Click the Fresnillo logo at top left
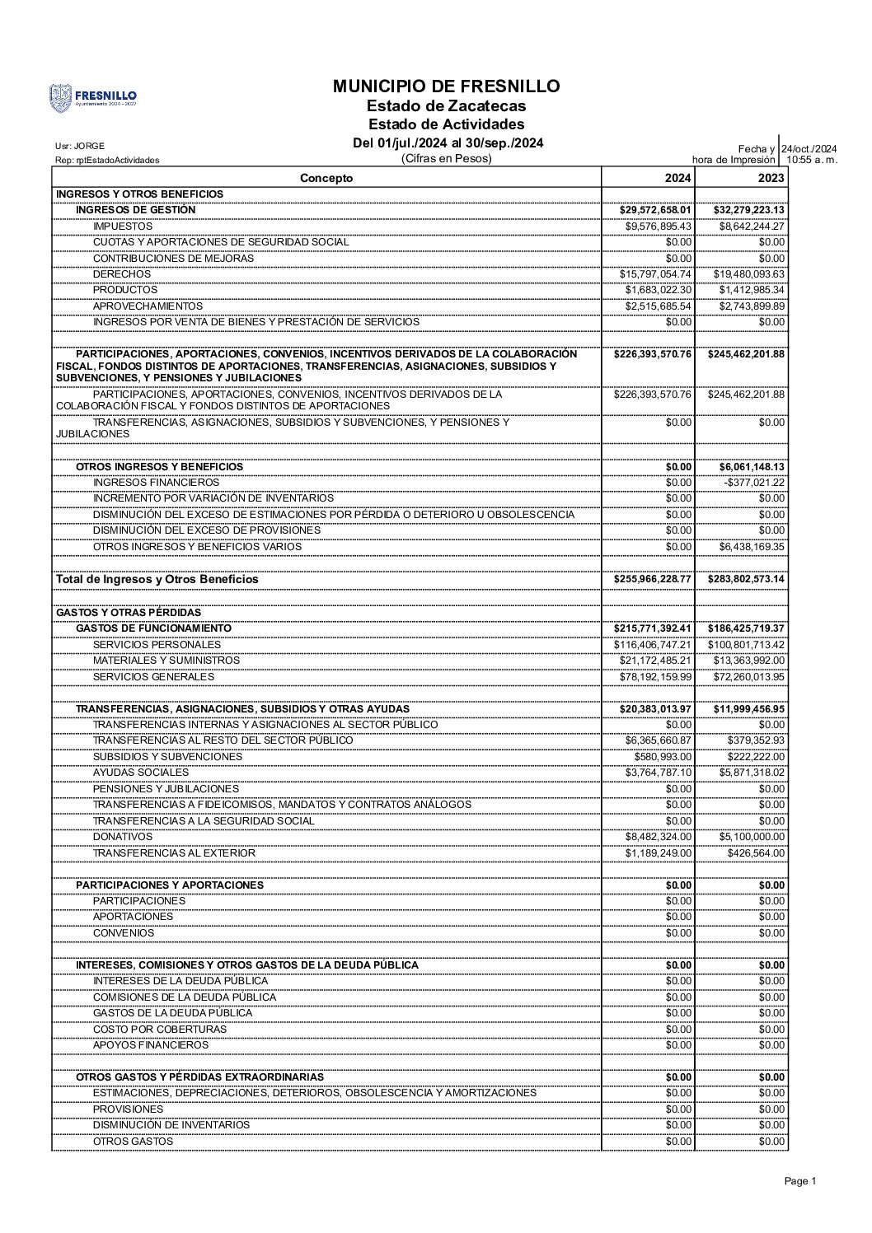[x=93, y=98]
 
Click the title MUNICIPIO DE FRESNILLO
[x=446, y=86]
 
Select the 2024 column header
[x=678, y=178]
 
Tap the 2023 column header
[x=771, y=178]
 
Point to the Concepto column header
[x=326, y=178]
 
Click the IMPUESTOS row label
[x=123, y=226]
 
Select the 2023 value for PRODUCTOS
[x=752, y=290]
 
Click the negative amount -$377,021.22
[x=754, y=483]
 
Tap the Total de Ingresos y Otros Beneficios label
[x=157, y=579]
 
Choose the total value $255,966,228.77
[x=653, y=579]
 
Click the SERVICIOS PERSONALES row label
[x=157, y=644]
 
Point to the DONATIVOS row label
[x=123, y=837]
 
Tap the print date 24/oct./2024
[x=809, y=148]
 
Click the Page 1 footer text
[x=799, y=1181]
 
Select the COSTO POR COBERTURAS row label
[x=160, y=1030]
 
